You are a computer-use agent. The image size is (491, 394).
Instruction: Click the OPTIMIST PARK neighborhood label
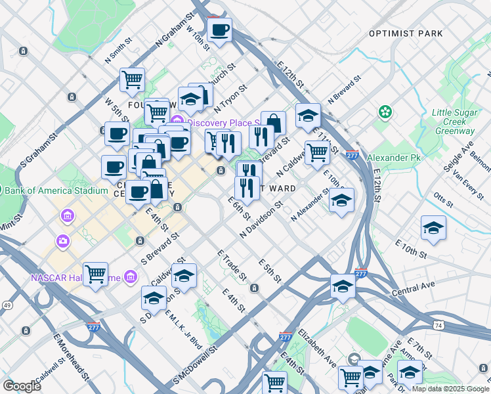pyautogui.click(x=406, y=33)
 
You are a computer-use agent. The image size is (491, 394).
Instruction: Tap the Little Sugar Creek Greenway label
pyautogui.click(x=453, y=121)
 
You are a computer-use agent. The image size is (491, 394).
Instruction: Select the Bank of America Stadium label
pyautogui.click(x=54, y=191)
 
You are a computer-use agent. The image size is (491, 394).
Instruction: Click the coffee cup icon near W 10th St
pyautogui.click(x=220, y=29)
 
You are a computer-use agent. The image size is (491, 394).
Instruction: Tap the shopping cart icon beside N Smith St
pyautogui.click(x=133, y=80)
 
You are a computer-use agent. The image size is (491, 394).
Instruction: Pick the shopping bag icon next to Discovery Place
pyautogui.click(x=274, y=122)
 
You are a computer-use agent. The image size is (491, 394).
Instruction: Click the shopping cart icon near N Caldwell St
pyautogui.click(x=317, y=152)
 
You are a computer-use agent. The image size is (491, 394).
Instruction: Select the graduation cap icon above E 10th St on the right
pyautogui.click(x=433, y=228)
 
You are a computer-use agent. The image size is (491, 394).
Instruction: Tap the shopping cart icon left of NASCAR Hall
pyautogui.click(x=96, y=273)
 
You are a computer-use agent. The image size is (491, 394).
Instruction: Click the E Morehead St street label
pyautogui.click(x=72, y=359)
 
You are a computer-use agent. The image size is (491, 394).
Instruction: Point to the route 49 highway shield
pyautogui.click(x=7, y=305)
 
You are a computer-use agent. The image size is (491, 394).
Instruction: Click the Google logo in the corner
pyautogui.click(x=22, y=385)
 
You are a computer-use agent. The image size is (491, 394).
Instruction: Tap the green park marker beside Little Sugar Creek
pyautogui.click(x=385, y=113)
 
